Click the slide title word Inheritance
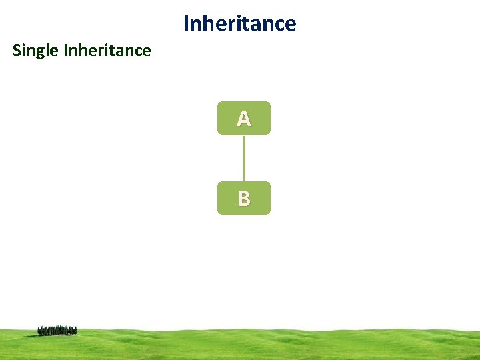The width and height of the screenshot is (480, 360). tap(239, 24)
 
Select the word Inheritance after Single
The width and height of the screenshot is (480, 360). tap(107, 51)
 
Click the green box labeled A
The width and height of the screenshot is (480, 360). tap(244, 118)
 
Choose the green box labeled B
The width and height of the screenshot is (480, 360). tap(244, 198)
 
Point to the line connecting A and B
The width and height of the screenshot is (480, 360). tap(244, 158)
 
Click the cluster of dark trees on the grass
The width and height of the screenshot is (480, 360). tap(57, 330)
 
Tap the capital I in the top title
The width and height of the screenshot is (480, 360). tap(186, 24)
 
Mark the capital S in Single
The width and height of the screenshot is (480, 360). tap(17, 51)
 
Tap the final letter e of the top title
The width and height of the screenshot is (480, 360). tap(290, 25)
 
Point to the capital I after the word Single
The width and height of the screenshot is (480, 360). tap(65, 51)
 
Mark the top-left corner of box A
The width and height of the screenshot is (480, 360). tap(219, 103)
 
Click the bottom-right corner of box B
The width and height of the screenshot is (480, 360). tap(269, 213)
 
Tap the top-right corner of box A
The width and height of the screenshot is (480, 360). tap(269, 103)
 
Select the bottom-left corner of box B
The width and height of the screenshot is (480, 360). tap(219, 213)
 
